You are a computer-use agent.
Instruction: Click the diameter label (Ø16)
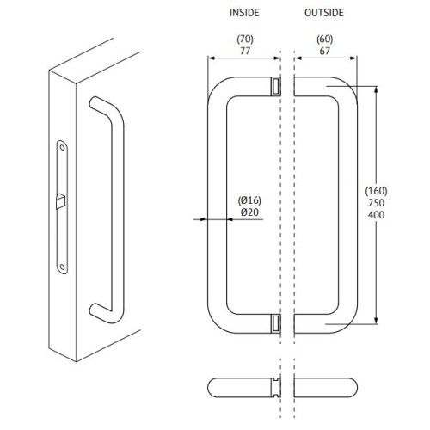(x=249, y=200)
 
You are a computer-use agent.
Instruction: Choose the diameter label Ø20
(x=249, y=212)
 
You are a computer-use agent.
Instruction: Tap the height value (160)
(x=377, y=190)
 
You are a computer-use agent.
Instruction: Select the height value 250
(x=377, y=202)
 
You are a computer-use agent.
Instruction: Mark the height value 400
(x=377, y=214)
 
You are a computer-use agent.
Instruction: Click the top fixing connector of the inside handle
(x=275, y=86)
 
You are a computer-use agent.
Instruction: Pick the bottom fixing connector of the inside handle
(x=275, y=323)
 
